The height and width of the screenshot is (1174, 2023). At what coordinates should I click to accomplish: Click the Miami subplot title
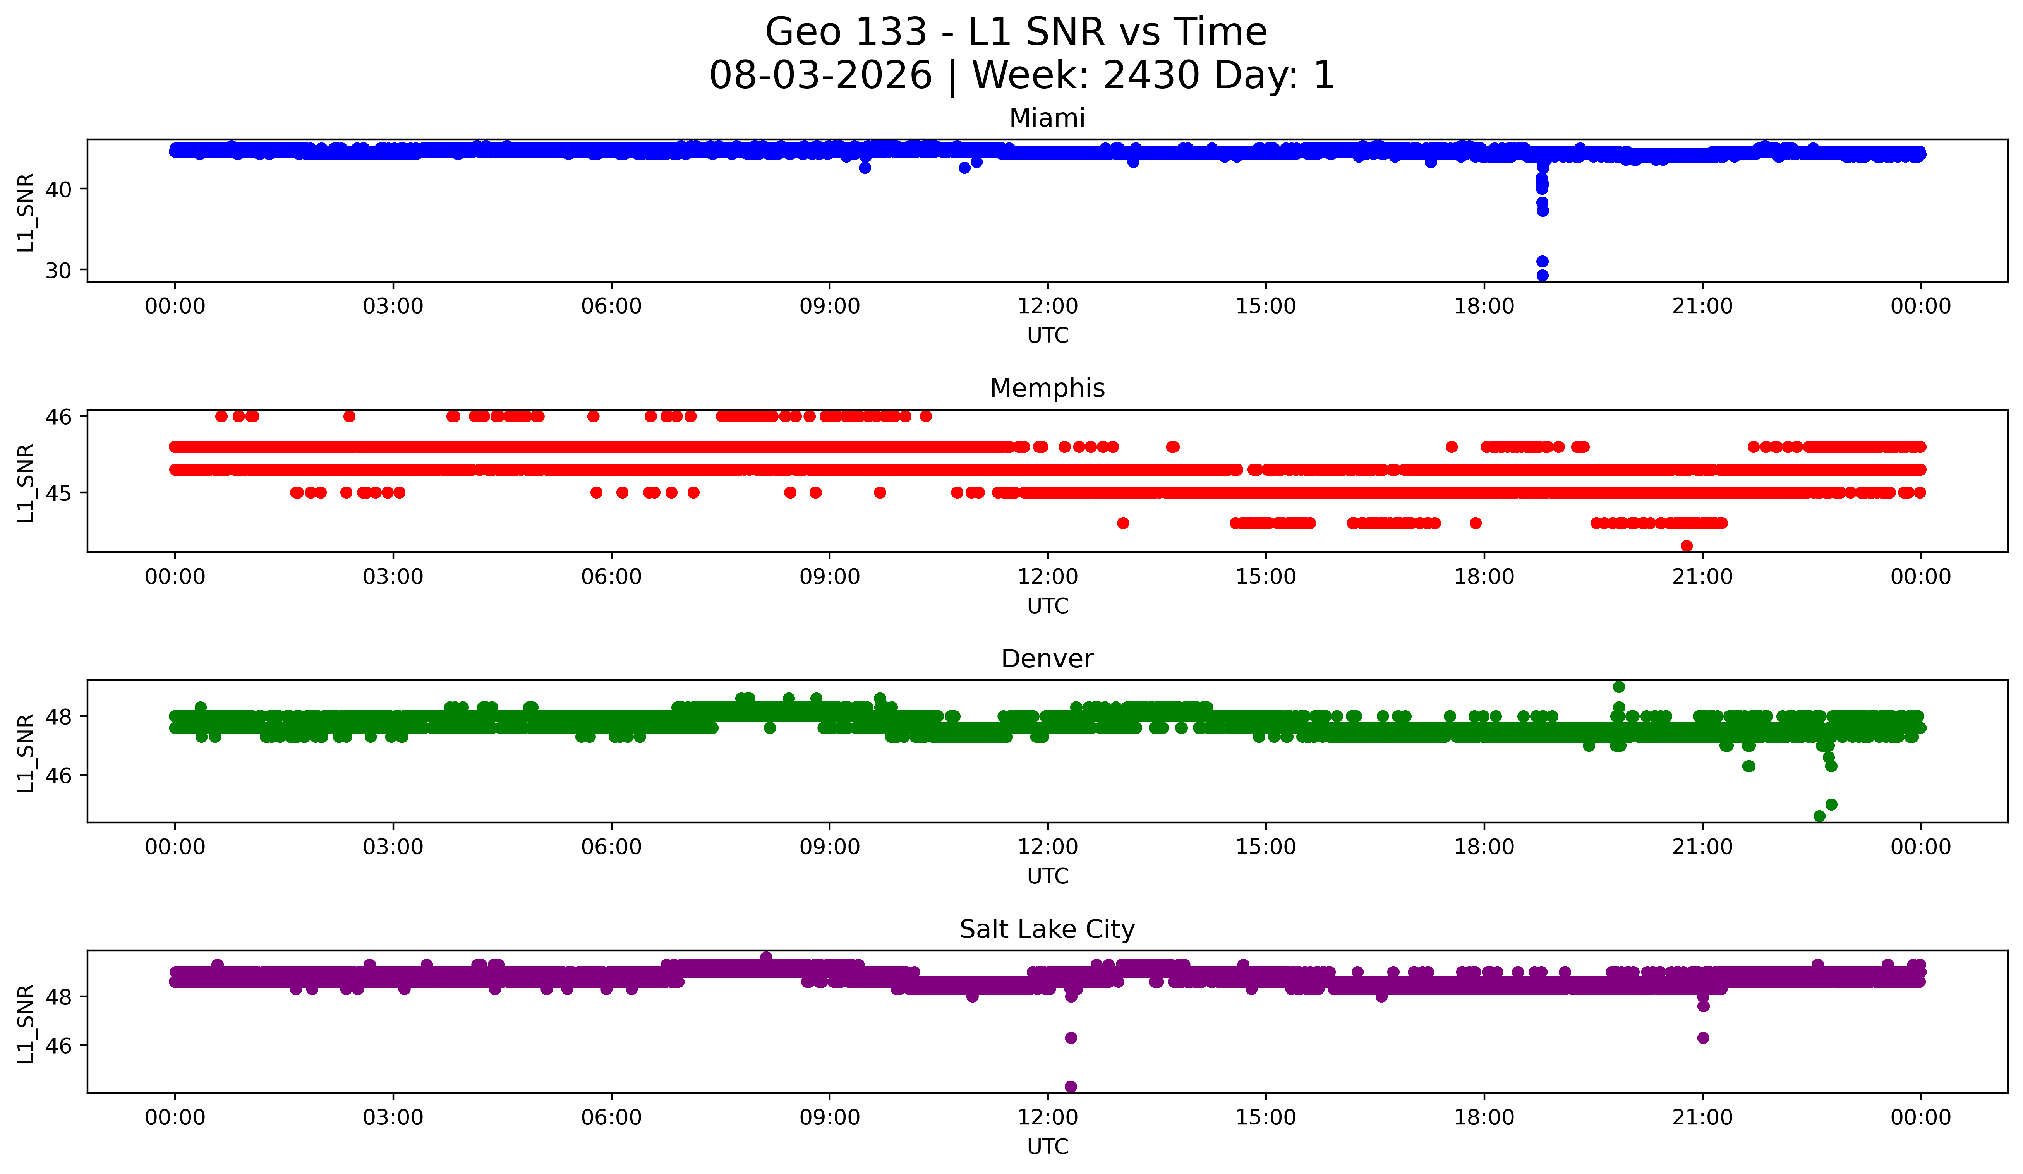point(1047,118)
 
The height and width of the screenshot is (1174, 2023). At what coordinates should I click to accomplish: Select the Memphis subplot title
point(1047,388)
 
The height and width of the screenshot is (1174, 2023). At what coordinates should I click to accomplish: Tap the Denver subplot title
point(1047,659)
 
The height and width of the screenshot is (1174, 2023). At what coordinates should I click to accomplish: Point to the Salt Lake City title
point(1047,929)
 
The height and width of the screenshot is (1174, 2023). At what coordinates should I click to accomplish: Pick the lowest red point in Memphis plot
point(1687,546)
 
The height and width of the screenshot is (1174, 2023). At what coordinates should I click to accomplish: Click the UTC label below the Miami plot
point(1048,336)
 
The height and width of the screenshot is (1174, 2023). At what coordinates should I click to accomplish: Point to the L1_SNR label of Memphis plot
point(26,482)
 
